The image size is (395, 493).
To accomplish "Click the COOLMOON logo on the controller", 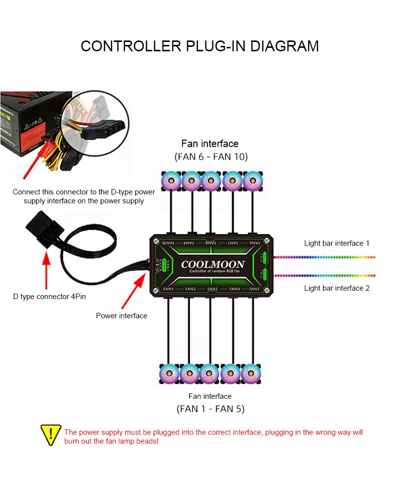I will [x=212, y=265].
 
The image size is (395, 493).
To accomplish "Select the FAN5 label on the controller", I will [x=254, y=289].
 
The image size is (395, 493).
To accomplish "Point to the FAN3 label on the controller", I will [x=212, y=289].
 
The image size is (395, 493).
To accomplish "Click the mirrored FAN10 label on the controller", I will [x=168, y=243].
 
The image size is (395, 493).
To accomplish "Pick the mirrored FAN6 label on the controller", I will [x=253, y=243].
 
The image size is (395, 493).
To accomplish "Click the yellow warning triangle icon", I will [x=51, y=434].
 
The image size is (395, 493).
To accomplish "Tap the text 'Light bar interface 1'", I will [x=337, y=243].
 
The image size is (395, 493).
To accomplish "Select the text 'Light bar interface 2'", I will [x=337, y=288].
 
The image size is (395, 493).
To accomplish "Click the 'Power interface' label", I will [x=121, y=316].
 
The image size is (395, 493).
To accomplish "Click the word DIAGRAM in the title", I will [x=285, y=46].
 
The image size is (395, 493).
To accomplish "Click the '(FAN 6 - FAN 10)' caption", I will [x=211, y=156].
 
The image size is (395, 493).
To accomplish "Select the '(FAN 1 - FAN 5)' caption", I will [x=210, y=409].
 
